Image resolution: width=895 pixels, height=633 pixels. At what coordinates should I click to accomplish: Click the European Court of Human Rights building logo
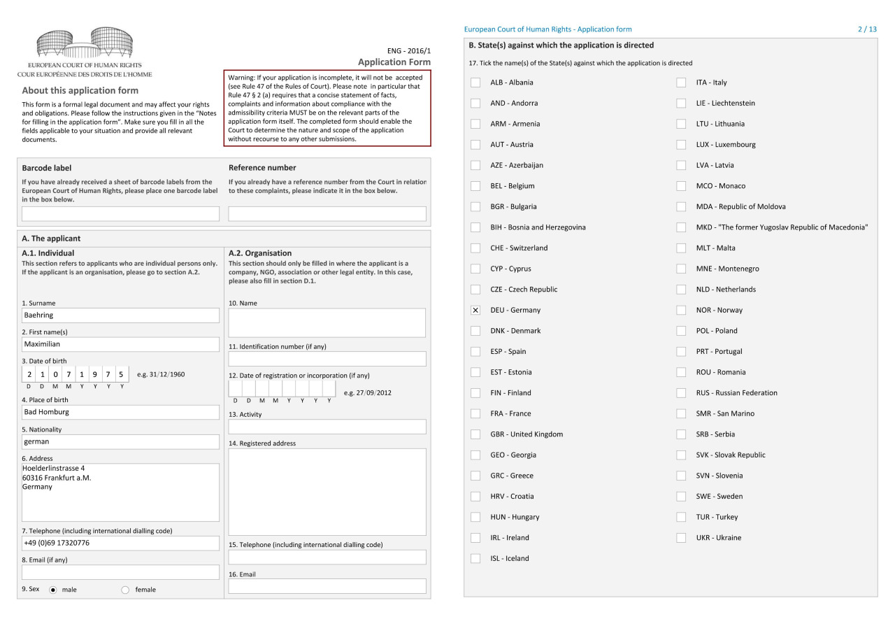pyautogui.click(x=85, y=43)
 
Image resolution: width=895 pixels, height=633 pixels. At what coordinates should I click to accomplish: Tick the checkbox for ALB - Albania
pyautogui.click(x=475, y=83)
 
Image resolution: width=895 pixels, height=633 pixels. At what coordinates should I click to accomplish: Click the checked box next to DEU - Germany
pyautogui.click(x=475, y=310)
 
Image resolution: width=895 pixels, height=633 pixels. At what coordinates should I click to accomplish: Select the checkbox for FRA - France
pyautogui.click(x=475, y=413)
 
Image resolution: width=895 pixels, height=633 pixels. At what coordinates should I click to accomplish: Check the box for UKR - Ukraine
pyautogui.click(x=681, y=538)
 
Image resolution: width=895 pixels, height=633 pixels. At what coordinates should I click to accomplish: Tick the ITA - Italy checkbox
pyautogui.click(x=681, y=83)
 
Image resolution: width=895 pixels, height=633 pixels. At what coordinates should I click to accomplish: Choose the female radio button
pyautogui.click(x=126, y=590)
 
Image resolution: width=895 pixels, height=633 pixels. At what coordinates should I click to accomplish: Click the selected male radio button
pyautogui.click(x=53, y=590)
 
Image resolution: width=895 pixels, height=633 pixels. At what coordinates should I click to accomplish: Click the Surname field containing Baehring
pyautogui.click(x=120, y=315)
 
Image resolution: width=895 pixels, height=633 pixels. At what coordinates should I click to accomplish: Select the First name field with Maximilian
pyautogui.click(x=120, y=344)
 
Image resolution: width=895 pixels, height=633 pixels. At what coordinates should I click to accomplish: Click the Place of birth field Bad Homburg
pyautogui.click(x=120, y=412)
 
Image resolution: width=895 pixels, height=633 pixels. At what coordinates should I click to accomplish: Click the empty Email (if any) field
pyautogui.click(x=120, y=572)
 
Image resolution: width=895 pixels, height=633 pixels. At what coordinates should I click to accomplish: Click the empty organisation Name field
pyautogui.click(x=327, y=322)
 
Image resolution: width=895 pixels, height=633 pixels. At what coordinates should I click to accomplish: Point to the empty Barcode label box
pyautogui.click(x=120, y=214)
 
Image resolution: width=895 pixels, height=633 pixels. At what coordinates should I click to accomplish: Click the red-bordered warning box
pyautogui.click(x=327, y=108)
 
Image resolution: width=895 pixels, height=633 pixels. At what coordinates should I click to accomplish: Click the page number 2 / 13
pyautogui.click(x=867, y=29)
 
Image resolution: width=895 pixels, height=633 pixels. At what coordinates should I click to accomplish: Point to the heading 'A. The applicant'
pyautogui.click(x=51, y=239)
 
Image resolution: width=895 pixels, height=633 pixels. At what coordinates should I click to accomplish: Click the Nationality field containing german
pyautogui.click(x=120, y=441)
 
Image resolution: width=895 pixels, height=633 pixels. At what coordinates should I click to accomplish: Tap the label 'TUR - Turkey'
pyautogui.click(x=717, y=517)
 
